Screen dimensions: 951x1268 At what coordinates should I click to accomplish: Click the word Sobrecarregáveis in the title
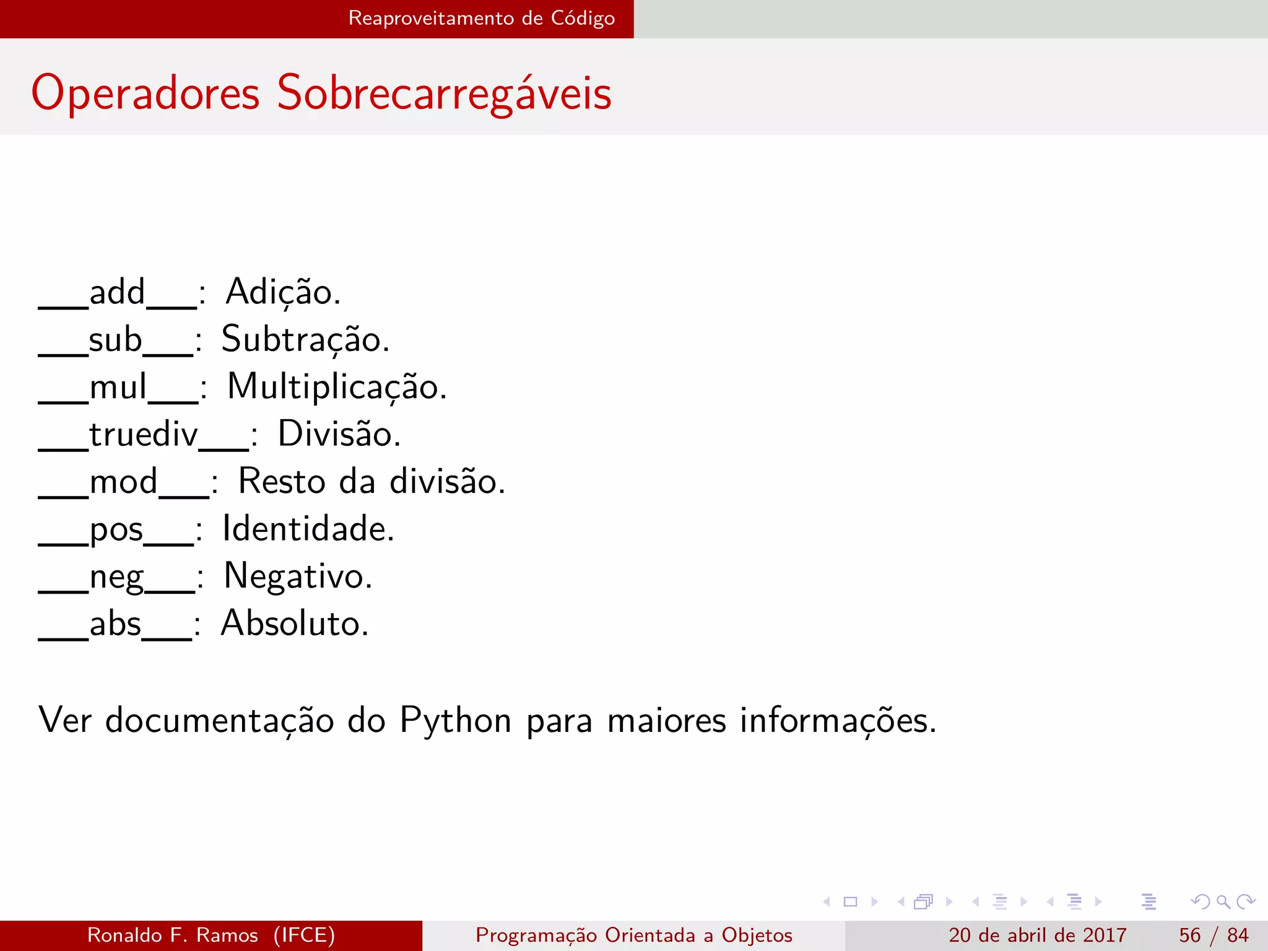point(444,93)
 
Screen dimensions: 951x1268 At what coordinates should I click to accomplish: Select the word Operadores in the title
point(145,93)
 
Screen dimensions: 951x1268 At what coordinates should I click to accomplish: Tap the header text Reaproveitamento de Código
point(481,18)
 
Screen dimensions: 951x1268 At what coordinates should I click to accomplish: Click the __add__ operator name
point(118,292)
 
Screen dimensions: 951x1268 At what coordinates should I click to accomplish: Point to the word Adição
point(282,292)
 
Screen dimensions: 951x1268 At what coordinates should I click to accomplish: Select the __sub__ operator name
point(116,340)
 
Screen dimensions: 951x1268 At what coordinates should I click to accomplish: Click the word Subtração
point(305,340)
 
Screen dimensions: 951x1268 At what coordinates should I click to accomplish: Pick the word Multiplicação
point(336,387)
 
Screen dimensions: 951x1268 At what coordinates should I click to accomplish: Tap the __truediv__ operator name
point(144,434)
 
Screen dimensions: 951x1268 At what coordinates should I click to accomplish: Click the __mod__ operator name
point(124,482)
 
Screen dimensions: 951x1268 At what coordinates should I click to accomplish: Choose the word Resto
point(282,482)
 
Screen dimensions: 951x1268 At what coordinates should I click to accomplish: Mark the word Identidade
point(308,529)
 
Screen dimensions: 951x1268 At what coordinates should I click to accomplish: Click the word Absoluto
point(295,623)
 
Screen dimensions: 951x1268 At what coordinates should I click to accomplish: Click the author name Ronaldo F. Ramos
point(173,935)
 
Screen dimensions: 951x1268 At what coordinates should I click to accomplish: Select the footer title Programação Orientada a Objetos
point(633,935)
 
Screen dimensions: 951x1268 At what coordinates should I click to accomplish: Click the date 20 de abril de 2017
point(1037,935)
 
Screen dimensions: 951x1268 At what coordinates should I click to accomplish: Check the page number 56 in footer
point(1189,935)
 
